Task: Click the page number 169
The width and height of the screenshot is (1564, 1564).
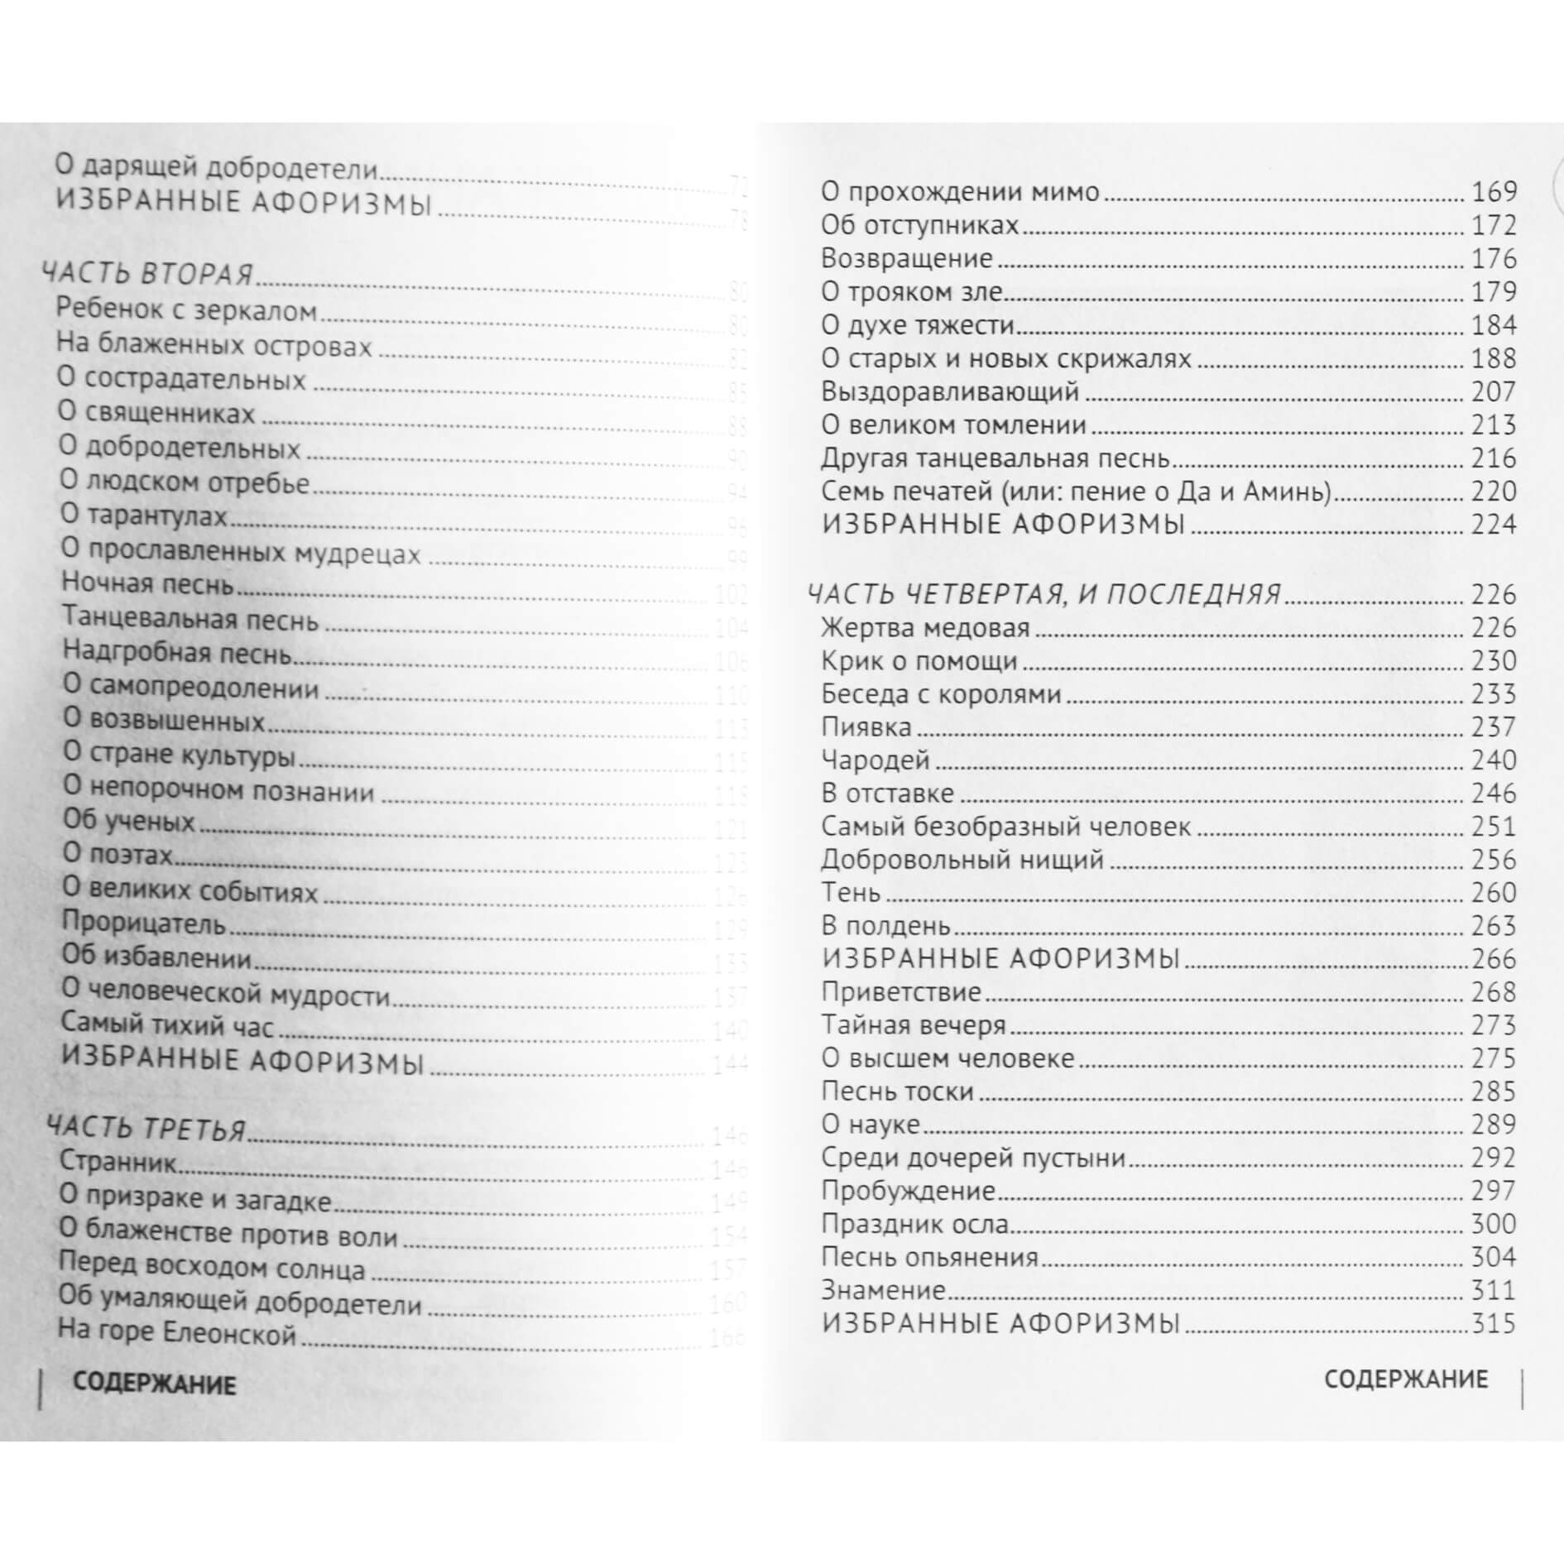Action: tap(1494, 192)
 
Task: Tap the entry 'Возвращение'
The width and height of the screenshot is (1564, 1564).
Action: tap(906, 258)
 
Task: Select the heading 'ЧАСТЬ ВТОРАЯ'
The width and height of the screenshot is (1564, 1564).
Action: tap(147, 274)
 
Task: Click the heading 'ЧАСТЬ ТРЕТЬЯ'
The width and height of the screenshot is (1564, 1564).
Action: tap(146, 1129)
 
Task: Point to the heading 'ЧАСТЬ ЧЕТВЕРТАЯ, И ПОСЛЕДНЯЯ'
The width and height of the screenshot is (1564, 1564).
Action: tap(1043, 593)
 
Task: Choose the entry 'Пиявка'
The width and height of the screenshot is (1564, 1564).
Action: tap(866, 727)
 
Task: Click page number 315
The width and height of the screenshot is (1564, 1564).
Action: tap(1494, 1323)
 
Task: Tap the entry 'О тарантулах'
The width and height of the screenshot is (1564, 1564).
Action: tap(144, 516)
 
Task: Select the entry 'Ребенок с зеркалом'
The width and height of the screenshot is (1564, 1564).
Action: tap(186, 310)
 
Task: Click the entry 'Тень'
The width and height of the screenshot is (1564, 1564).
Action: tap(850, 892)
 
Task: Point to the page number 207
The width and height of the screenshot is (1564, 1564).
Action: tap(1494, 391)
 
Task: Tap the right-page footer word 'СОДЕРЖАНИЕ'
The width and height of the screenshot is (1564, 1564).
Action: tap(1405, 1379)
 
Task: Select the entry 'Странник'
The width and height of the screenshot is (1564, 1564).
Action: tap(118, 1161)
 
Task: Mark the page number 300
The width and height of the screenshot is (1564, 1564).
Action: tap(1494, 1224)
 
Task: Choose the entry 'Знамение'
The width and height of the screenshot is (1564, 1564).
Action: tap(882, 1290)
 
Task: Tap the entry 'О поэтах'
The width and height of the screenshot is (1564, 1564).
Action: tap(118, 854)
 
